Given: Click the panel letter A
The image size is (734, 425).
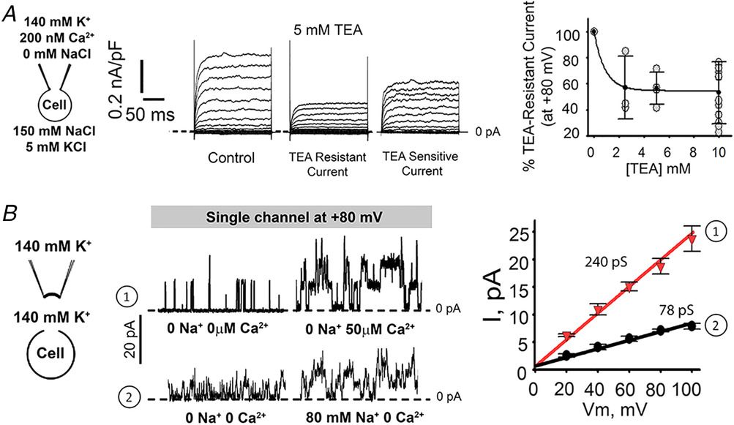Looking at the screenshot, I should [x=10, y=14].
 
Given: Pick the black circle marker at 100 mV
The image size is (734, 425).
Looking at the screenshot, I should [x=691, y=326].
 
